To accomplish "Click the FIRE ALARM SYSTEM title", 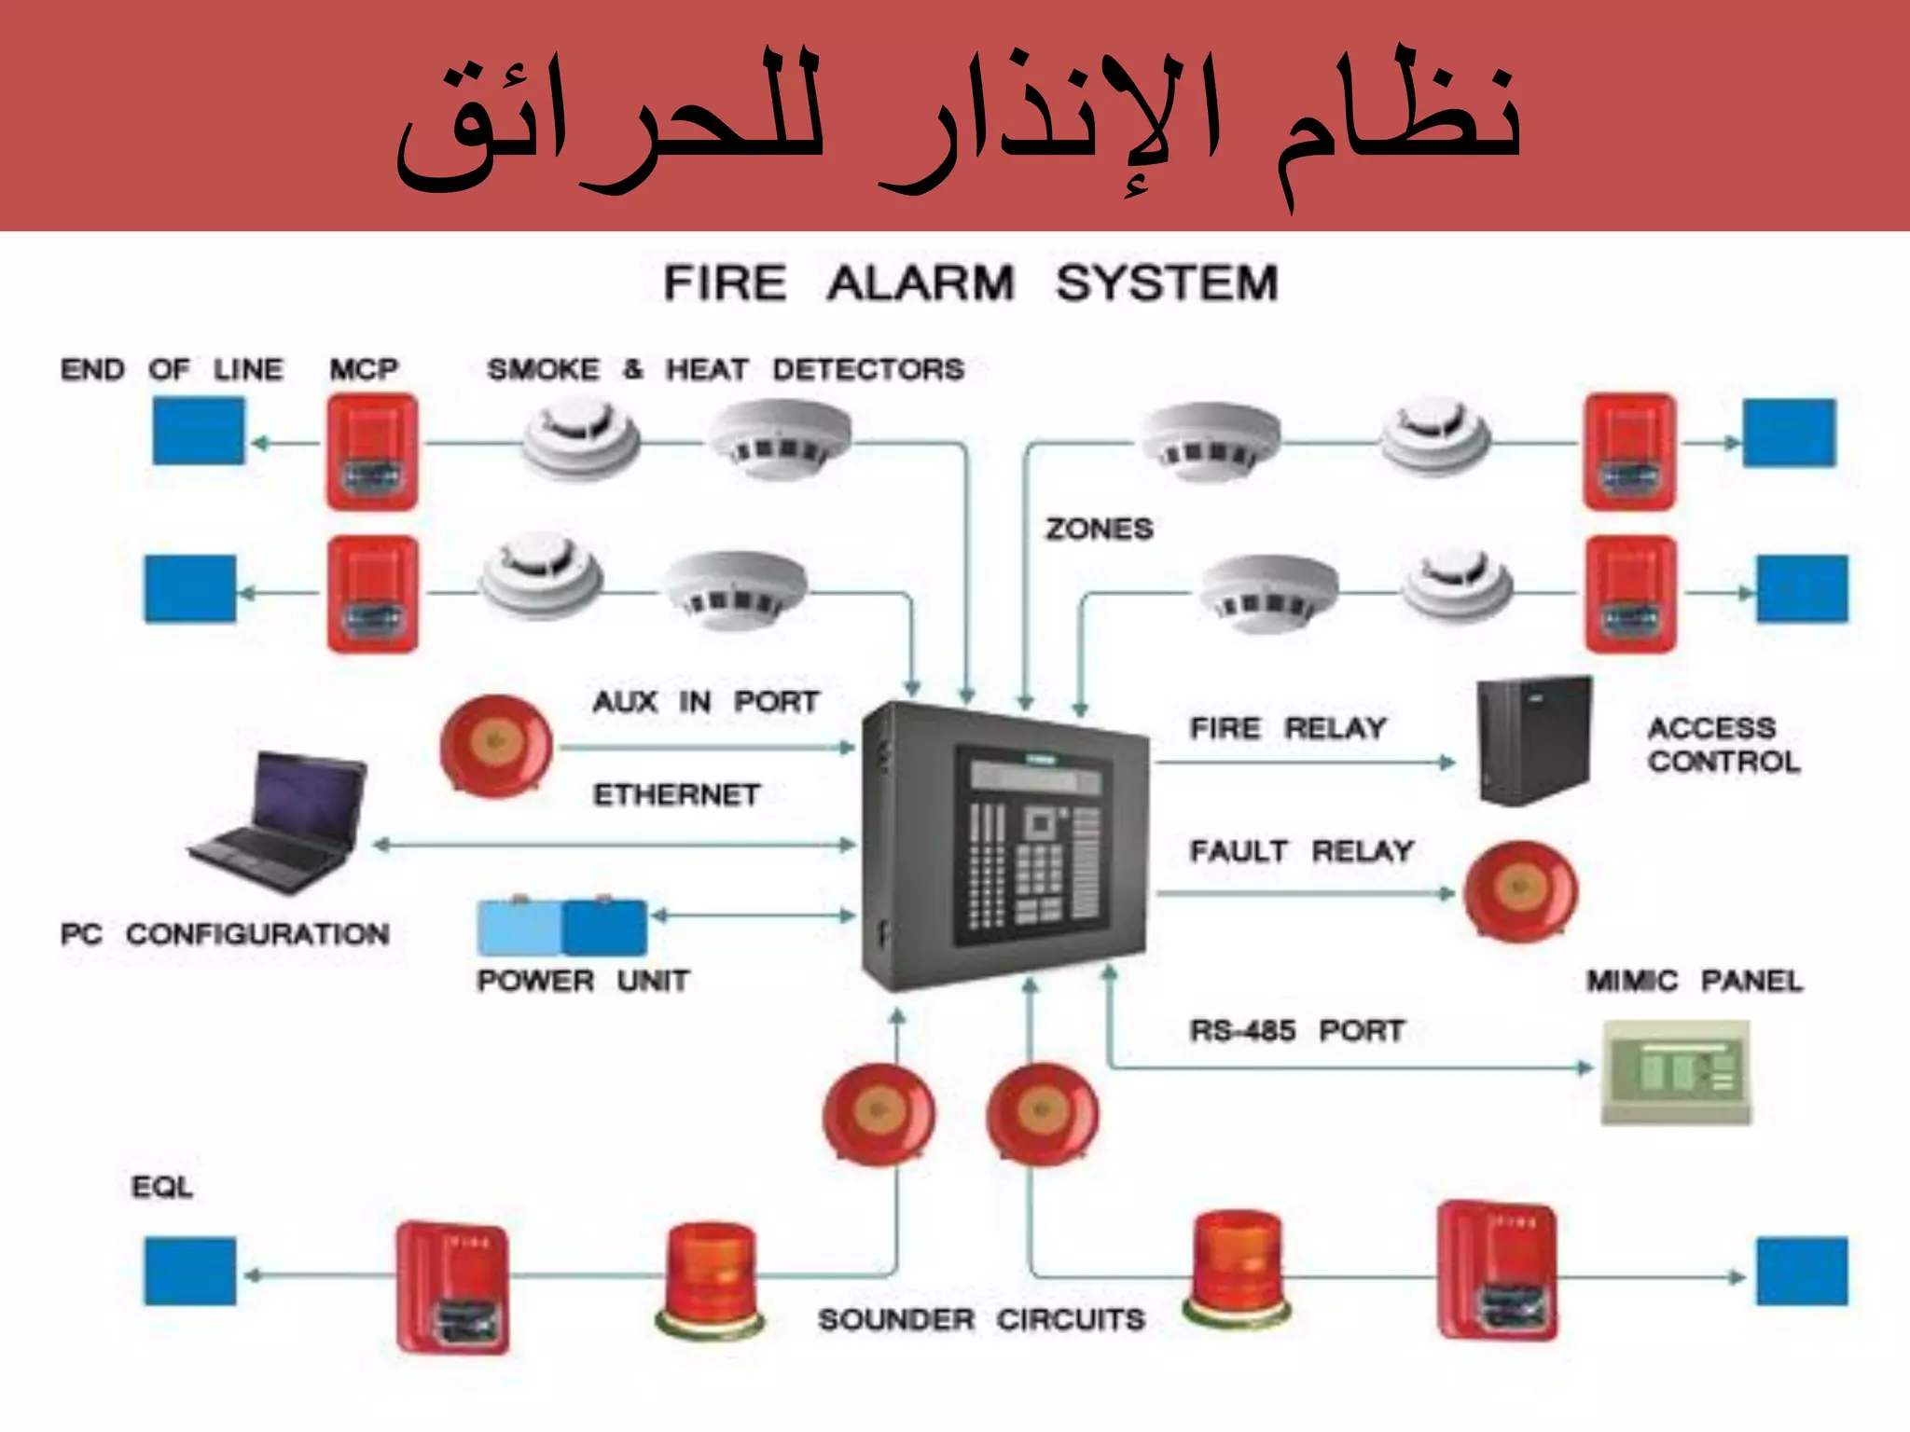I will pyautogui.click(x=970, y=282).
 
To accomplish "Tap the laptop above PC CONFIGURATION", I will pyautogui.click(x=280, y=820).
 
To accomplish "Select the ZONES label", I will pyautogui.click(x=1099, y=530).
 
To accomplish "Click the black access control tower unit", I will pyautogui.click(x=1534, y=741).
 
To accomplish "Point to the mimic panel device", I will pyautogui.click(x=1676, y=1072).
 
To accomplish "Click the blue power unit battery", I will pyautogui.click(x=562, y=927).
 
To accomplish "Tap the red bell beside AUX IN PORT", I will pyautogui.click(x=496, y=747).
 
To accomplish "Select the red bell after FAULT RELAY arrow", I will pyautogui.click(x=1519, y=891).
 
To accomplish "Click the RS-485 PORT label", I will pyautogui.click(x=1296, y=1031).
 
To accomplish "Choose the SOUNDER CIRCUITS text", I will pyautogui.click(x=981, y=1319).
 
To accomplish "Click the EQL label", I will pyautogui.click(x=162, y=1187).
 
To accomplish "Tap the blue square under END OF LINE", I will pyautogui.click(x=199, y=431).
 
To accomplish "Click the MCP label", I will pyautogui.click(x=364, y=369).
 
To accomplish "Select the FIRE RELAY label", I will pyautogui.click(x=1288, y=728).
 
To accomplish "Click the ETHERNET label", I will pyautogui.click(x=677, y=795).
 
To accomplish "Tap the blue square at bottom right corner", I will pyautogui.click(x=1802, y=1272).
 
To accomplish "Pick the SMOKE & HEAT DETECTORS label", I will pyautogui.click(x=726, y=369).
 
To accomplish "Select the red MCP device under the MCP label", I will pyautogui.click(x=371, y=451).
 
